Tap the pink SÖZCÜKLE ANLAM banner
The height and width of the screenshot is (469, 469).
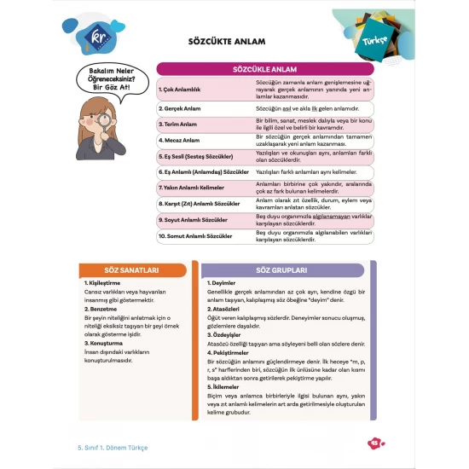click(x=264, y=68)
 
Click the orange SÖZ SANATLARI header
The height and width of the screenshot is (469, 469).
click(x=131, y=269)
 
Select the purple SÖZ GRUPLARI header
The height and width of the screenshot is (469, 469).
click(x=288, y=269)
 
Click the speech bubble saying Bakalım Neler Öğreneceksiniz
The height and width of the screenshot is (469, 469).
click(x=109, y=83)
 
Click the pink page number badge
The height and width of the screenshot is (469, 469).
click(x=372, y=443)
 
